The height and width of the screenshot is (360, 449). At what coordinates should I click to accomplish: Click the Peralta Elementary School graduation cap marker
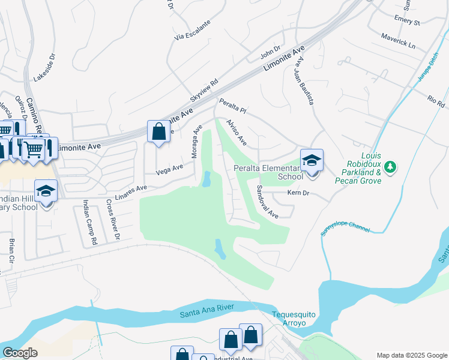[x=312, y=161]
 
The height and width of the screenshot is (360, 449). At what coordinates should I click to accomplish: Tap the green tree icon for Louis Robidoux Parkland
[x=390, y=166]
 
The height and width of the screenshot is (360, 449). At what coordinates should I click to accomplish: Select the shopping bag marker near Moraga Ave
[x=158, y=131]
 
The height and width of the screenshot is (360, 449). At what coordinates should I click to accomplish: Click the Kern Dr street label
[x=298, y=193]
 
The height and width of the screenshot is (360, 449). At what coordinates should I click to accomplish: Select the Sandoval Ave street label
[x=267, y=201]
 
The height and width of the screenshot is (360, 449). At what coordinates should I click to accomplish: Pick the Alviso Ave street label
[x=236, y=132]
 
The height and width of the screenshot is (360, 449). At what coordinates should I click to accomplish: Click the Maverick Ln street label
[x=398, y=41]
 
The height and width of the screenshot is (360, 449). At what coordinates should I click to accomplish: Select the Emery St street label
[x=406, y=21]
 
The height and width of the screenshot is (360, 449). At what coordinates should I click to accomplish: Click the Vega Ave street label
[x=169, y=170]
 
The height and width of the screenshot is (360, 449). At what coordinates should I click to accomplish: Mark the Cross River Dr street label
[x=113, y=221]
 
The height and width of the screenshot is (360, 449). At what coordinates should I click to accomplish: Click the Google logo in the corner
[x=20, y=353]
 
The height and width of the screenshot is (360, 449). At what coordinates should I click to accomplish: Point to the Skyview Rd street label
[x=204, y=90]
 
